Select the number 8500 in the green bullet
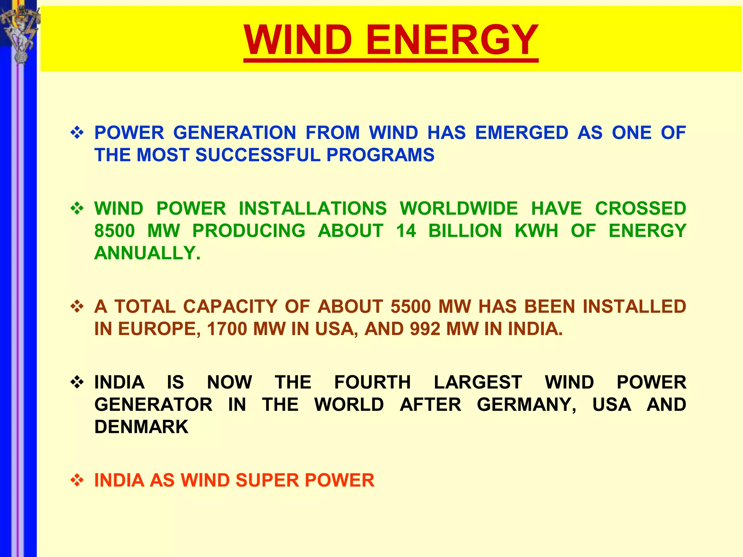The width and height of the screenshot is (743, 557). coord(115,231)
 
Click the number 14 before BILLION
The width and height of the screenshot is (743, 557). coord(406,231)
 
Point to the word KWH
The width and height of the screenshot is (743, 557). coord(536,231)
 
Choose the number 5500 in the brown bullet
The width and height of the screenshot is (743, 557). coord(411,307)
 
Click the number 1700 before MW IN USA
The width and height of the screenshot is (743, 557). coord(227,329)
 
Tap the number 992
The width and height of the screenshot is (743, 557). coord(425,329)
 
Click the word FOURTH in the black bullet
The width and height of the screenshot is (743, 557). coord(372,383)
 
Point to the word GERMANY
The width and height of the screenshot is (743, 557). coord(526,405)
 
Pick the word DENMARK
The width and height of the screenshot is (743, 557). coord(141,427)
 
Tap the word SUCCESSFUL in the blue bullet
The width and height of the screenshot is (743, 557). coord(258,155)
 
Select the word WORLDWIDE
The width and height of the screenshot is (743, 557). coord(459,209)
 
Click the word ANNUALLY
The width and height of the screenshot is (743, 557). coord(147,253)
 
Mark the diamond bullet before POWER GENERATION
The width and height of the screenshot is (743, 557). coord(77,133)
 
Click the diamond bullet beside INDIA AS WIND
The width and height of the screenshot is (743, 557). coord(77,481)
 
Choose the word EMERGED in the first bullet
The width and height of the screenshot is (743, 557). coord(522,133)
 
